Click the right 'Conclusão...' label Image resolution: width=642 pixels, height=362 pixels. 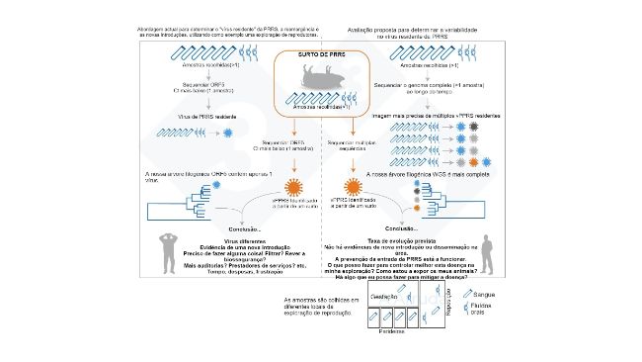[411, 227]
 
